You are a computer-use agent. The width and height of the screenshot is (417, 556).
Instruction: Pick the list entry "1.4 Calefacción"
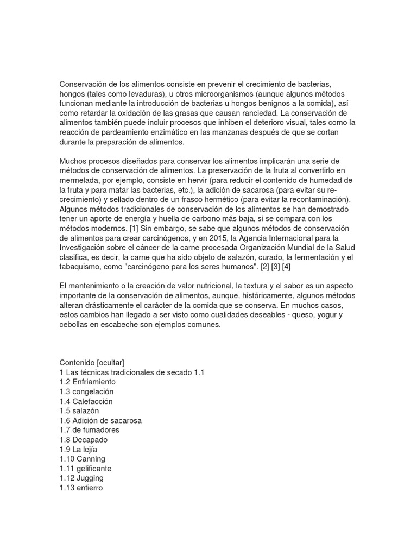coord(86,401)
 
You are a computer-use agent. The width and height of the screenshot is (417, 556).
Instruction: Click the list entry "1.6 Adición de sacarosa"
coord(100,420)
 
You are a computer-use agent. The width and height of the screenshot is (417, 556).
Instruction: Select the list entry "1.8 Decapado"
coord(84,440)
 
